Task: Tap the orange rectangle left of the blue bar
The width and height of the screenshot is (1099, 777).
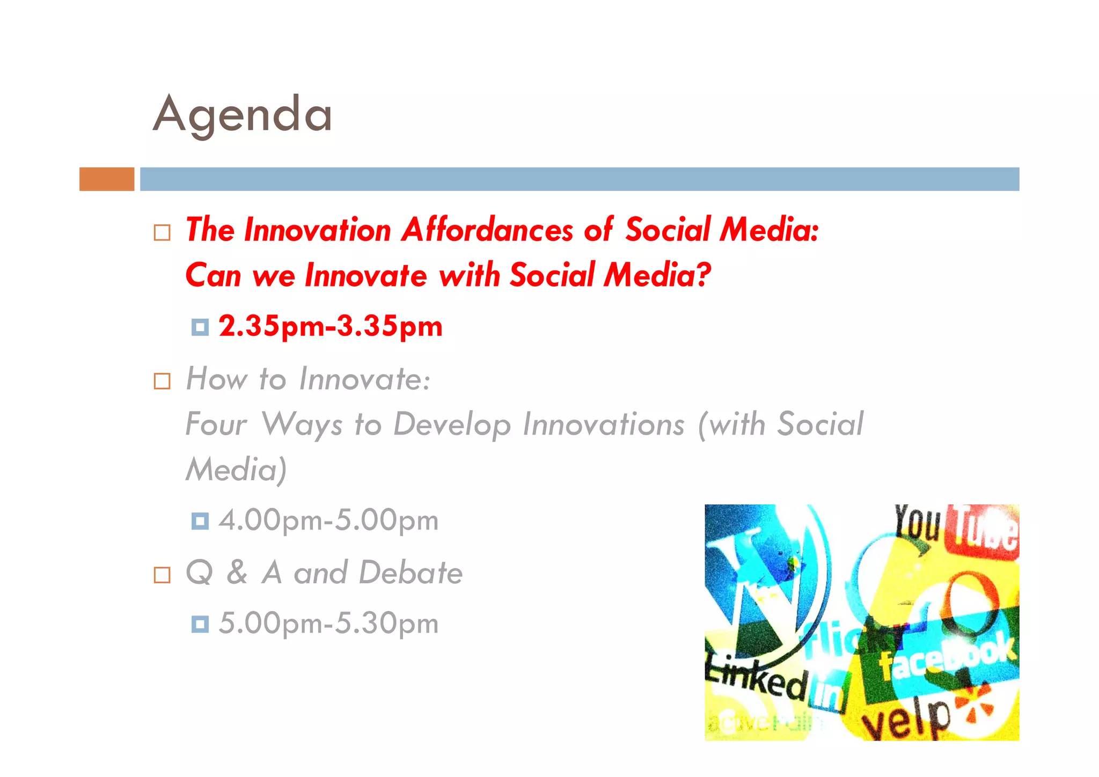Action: point(107,179)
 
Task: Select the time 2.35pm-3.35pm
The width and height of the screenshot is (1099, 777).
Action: point(331,326)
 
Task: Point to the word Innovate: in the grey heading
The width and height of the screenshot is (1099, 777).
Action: point(364,379)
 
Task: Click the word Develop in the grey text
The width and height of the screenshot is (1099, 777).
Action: point(452,424)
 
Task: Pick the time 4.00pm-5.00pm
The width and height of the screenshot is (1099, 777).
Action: point(328,520)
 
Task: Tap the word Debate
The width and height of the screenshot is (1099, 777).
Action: point(411,573)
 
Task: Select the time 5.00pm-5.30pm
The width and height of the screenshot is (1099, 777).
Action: point(328,624)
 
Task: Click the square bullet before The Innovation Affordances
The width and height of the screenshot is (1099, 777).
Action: point(162,232)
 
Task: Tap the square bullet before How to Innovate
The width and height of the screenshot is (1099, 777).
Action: point(162,381)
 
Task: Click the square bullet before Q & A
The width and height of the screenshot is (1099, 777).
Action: point(162,575)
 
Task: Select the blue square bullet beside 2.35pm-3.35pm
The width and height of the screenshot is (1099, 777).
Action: point(200,327)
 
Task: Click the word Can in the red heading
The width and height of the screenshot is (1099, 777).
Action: point(213,275)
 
